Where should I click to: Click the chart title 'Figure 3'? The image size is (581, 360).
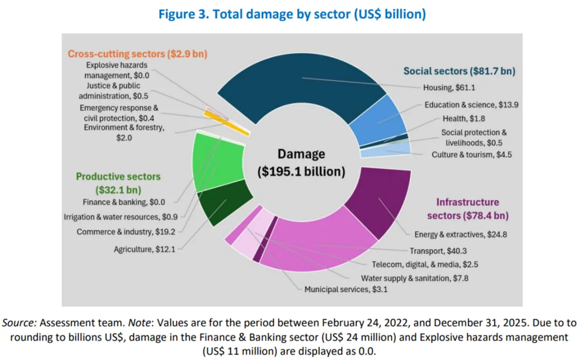click(x=184, y=14)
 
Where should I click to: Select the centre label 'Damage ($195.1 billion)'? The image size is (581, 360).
click(x=301, y=163)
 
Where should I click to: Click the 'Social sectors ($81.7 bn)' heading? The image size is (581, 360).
click(x=459, y=71)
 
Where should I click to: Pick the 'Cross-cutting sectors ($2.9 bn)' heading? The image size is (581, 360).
click(x=138, y=54)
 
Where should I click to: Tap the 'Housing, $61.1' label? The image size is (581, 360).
click(x=449, y=88)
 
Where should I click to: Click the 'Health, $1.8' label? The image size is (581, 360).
click(x=464, y=118)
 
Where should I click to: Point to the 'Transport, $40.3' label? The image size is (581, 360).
click(x=438, y=251)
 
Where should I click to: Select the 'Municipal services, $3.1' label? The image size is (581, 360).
click(x=346, y=289)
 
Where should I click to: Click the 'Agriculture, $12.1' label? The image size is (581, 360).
click(x=144, y=249)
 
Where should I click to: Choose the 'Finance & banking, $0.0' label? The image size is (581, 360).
click(x=124, y=202)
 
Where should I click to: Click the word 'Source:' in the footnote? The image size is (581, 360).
click(x=20, y=323)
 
